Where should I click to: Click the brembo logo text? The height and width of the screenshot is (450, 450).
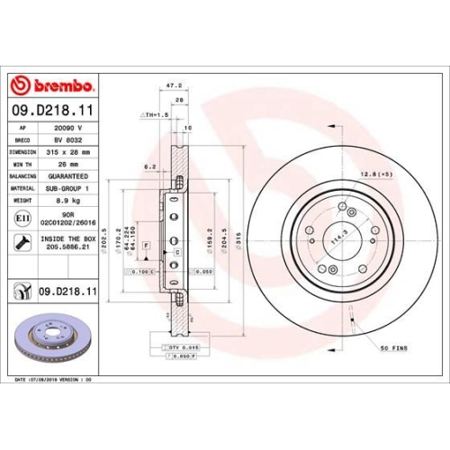(61, 85)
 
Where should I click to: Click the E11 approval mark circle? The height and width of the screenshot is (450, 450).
(21, 219)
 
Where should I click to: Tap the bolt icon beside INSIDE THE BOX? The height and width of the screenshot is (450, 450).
(21, 241)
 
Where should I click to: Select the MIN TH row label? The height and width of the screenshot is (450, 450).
(20, 166)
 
